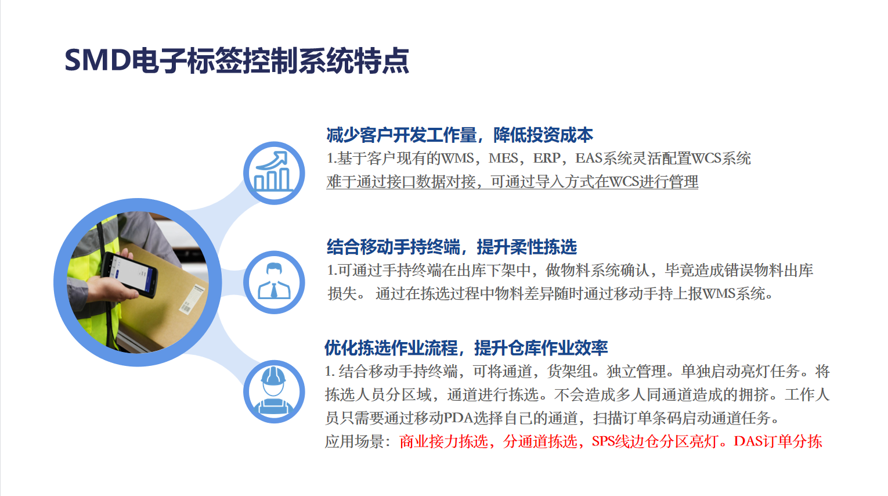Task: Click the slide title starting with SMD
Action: [237, 61]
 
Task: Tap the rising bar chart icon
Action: [273, 172]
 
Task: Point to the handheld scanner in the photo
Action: [129, 274]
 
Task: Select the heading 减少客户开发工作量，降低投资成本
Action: [460, 135]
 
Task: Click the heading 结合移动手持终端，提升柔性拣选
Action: [452, 247]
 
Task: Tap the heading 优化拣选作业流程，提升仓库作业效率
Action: [466, 348]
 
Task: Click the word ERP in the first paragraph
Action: [547, 159]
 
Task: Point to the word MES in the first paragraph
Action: [503, 159]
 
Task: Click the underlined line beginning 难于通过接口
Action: [512, 182]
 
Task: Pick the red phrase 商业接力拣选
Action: [443, 441]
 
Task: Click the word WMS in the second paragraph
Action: [719, 294]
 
